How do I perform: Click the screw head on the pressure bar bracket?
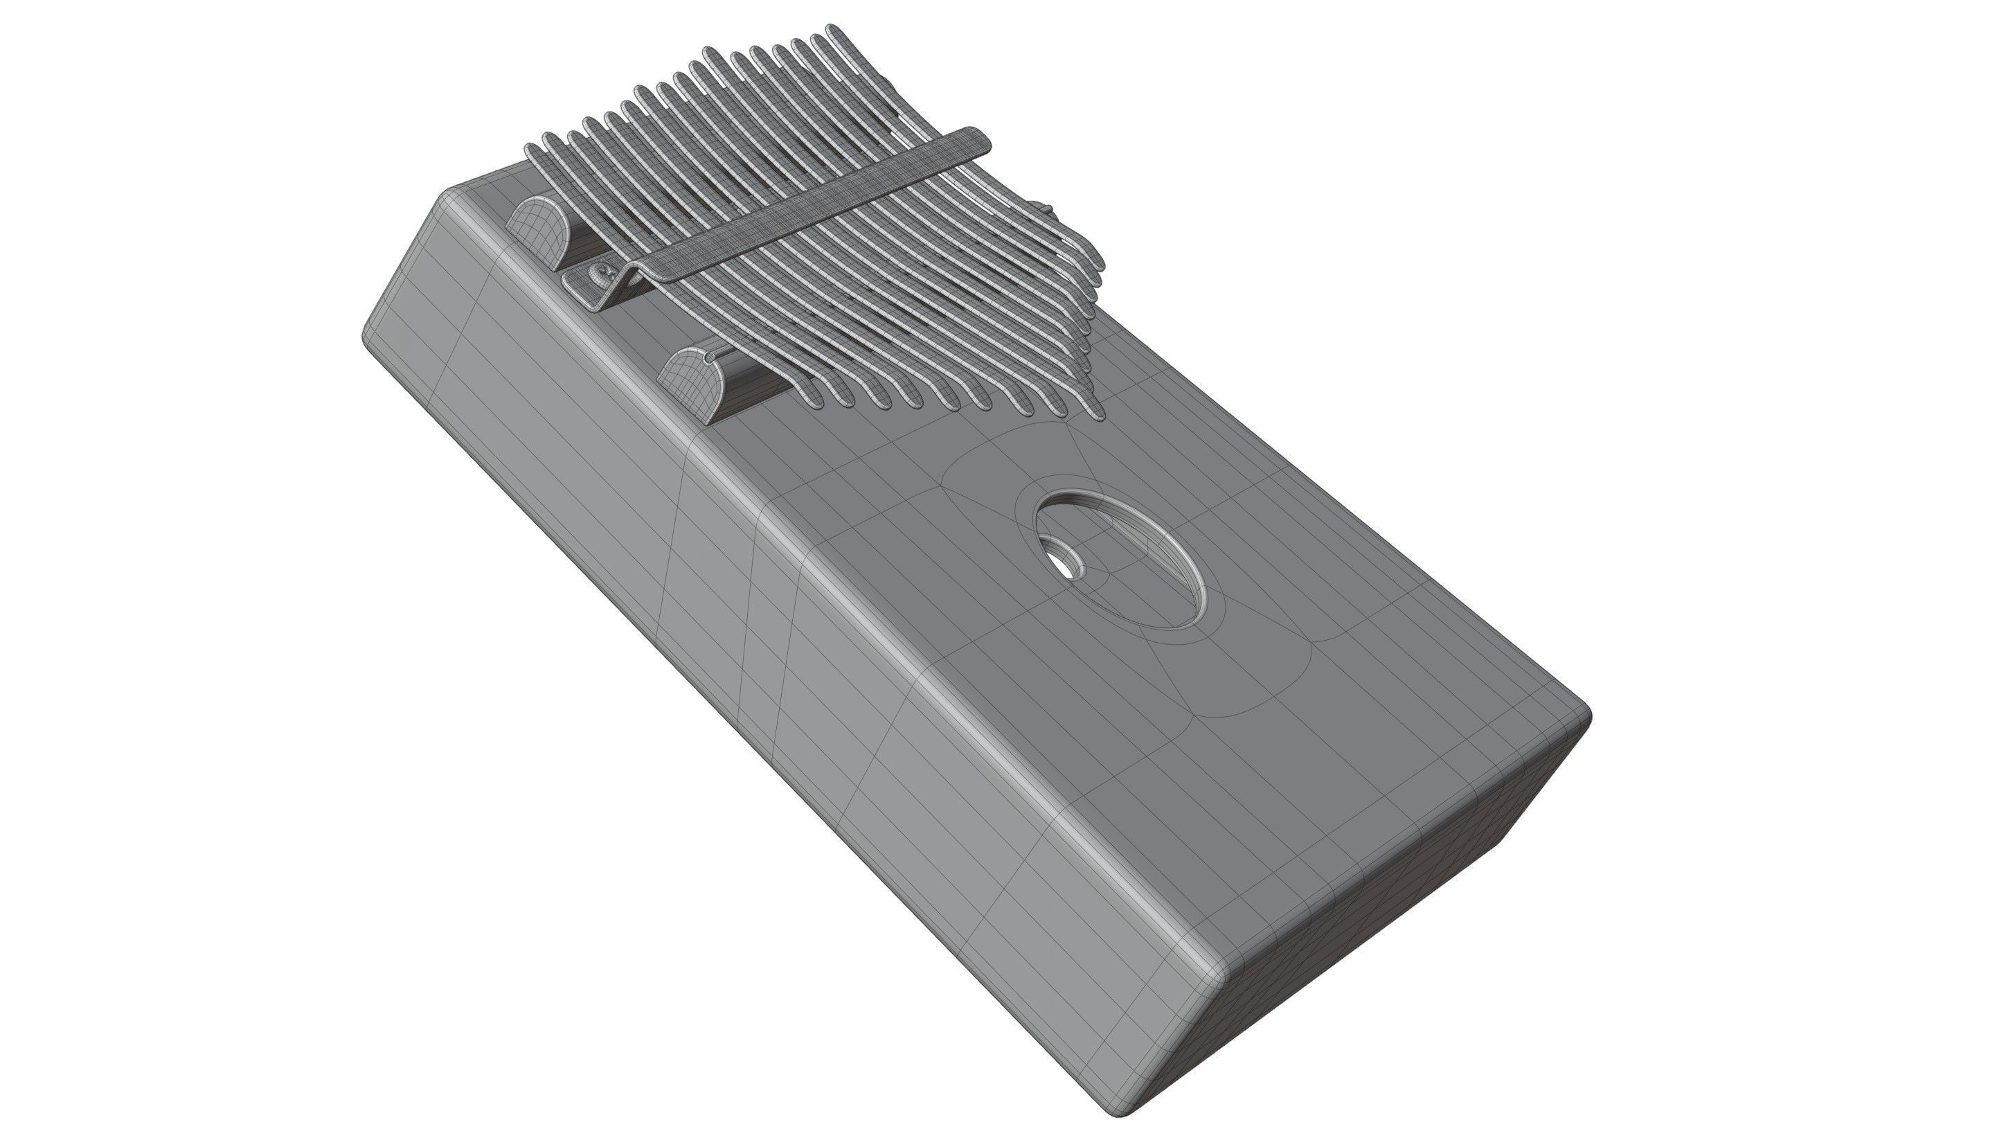(598, 274)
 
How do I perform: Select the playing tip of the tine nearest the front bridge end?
(813, 399)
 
